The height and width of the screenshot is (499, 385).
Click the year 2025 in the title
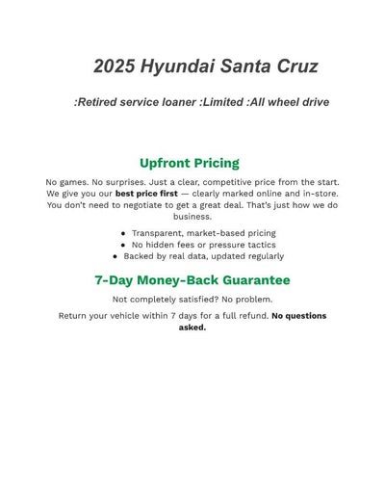[x=114, y=66]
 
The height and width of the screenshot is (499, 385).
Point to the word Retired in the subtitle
[x=101, y=101]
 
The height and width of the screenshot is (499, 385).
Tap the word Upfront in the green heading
[x=170, y=163]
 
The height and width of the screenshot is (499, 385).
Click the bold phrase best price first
[x=146, y=194]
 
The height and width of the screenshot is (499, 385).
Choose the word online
[x=270, y=194]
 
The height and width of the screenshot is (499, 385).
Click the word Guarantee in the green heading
[x=246, y=280]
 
